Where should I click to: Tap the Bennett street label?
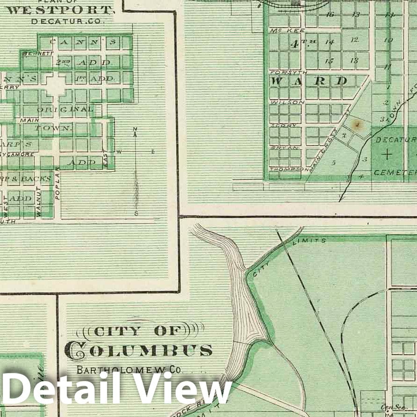click(31, 53)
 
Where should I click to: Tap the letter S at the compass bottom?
click(136, 213)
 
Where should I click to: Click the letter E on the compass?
click(152, 152)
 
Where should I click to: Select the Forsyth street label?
click(288, 73)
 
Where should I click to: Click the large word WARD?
click(310, 81)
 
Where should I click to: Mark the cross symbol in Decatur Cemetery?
click(388, 154)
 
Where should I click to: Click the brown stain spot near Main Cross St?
click(358, 124)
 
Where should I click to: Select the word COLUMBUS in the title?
click(139, 350)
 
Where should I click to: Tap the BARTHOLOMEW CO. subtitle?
click(129, 370)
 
